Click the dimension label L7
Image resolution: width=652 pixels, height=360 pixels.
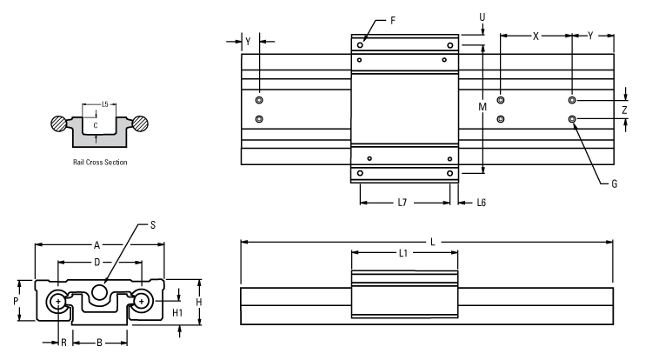[x=403, y=203]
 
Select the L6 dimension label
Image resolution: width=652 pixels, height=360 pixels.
[x=480, y=203]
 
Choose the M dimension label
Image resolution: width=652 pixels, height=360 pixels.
[x=482, y=106]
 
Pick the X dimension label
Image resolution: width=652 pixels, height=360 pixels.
[x=536, y=37]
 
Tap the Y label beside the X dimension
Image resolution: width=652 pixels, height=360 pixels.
[x=592, y=37]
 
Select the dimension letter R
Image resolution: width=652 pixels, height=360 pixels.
[x=63, y=343]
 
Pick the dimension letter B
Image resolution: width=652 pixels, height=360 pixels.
[x=99, y=343]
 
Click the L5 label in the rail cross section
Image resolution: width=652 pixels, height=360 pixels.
[x=104, y=103]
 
